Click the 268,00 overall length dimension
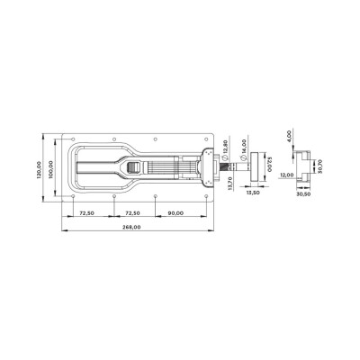(131, 227)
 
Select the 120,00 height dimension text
(39, 170)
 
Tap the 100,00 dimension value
(49, 169)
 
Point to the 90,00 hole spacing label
(175, 213)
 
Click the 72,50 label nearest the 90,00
(132, 213)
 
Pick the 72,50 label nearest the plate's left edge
(86, 213)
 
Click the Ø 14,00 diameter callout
(243, 149)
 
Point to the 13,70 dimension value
(229, 183)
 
